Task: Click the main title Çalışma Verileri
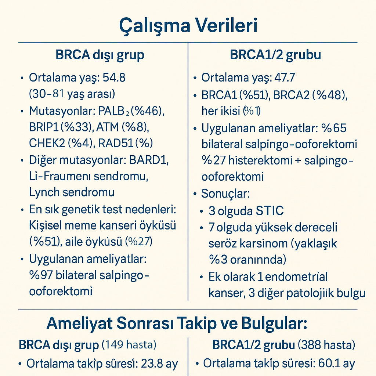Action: [188, 26]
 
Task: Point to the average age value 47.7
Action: [283, 78]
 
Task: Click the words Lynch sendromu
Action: [72, 192]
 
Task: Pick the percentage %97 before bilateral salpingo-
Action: [41, 275]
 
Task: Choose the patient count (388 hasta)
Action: [326, 345]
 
